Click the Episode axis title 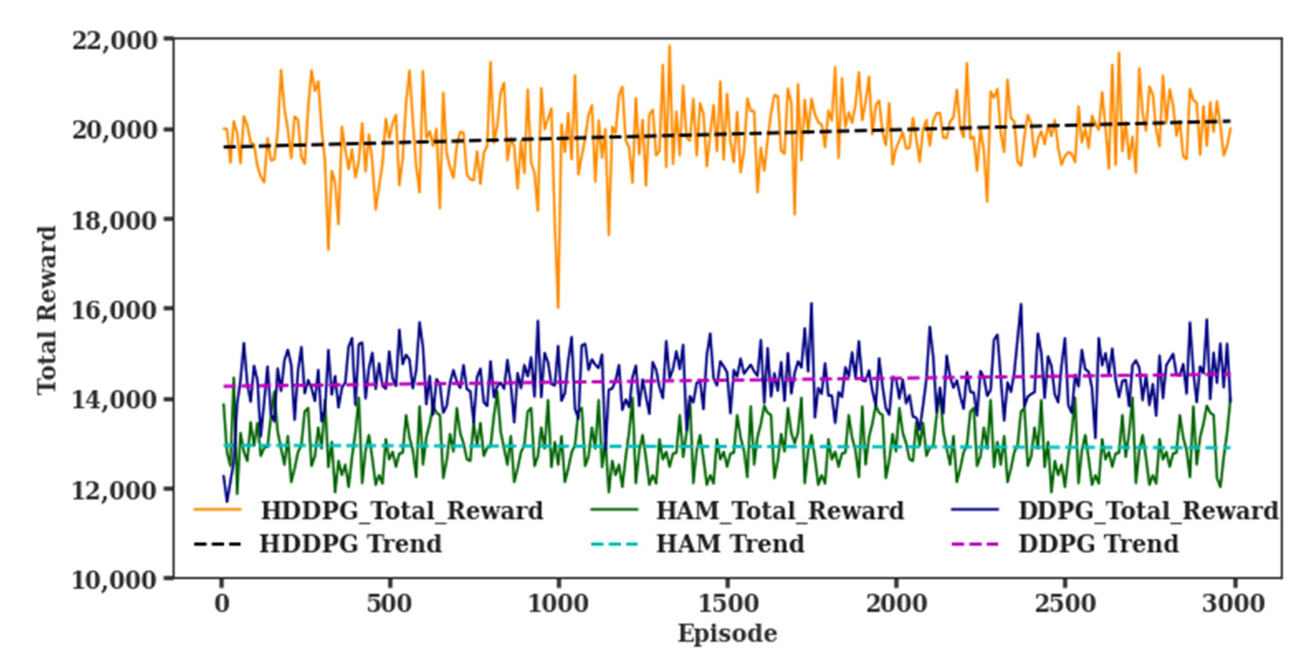tap(727, 634)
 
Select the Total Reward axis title tap(47, 310)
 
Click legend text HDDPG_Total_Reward tap(402, 511)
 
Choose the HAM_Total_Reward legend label tap(779, 511)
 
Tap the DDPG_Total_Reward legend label tap(1148, 511)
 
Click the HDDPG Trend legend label tap(350, 544)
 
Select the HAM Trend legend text tap(730, 544)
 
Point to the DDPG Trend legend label tap(1098, 544)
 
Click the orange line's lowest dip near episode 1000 tap(558, 307)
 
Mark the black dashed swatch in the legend tap(217, 544)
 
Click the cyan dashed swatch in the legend tap(614, 544)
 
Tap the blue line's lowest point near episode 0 tap(227, 502)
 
